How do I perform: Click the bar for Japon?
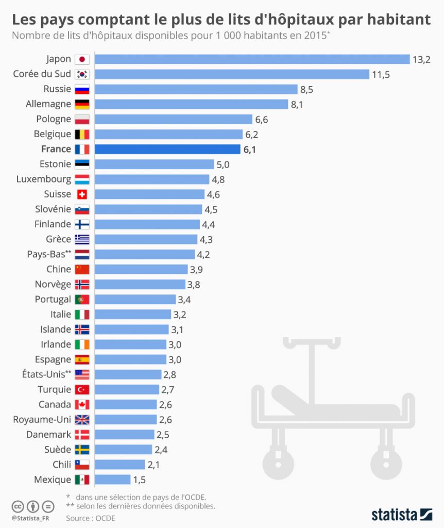[252, 59]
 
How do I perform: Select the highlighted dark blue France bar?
[168, 150]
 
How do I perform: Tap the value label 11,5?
[381, 74]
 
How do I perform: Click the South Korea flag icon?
[82, 74]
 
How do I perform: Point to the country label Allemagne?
[48, 104]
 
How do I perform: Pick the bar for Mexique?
[113, 480]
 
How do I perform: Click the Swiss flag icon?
[82, 194]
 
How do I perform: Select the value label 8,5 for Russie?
[307, 90]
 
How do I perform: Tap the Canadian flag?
[82, 405]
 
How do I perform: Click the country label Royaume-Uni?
[42, 420]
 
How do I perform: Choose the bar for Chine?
[141, 269]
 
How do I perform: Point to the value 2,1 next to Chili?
[154, 465]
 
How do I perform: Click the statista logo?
[401, 514]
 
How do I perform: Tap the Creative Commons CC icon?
[18, 506]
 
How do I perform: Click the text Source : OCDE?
[91, 518]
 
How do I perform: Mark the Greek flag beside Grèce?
[82, 239]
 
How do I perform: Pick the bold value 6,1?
[250, 150]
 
